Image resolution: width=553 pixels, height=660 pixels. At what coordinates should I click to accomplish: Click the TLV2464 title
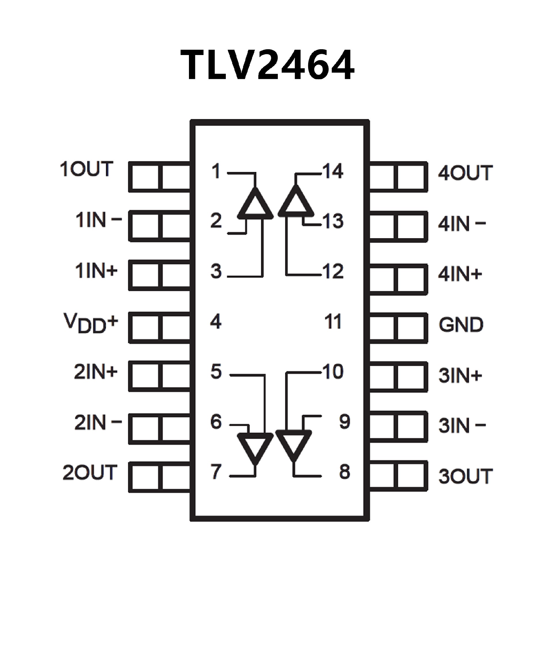(x=267, y=65)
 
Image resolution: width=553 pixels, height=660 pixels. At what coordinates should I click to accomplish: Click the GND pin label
(x=461, y=325)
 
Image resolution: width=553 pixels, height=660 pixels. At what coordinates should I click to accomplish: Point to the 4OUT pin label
(x=465, y=173)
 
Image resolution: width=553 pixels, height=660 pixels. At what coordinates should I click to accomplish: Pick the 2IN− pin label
(x=98, y=422)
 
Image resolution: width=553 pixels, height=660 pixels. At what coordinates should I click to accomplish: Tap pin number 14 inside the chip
(x=333, y=171)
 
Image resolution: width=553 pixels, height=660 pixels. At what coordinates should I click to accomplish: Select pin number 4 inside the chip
(x=216, y=322)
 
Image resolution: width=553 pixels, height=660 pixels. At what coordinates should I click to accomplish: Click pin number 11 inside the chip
(x=333, y=322)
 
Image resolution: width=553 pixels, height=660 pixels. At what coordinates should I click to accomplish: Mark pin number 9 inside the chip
(x=344, y=421)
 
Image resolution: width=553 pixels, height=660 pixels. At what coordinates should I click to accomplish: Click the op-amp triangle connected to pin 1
(x=255, y=205)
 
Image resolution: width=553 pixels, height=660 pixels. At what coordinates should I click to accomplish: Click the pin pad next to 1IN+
(x=160, y=275)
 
